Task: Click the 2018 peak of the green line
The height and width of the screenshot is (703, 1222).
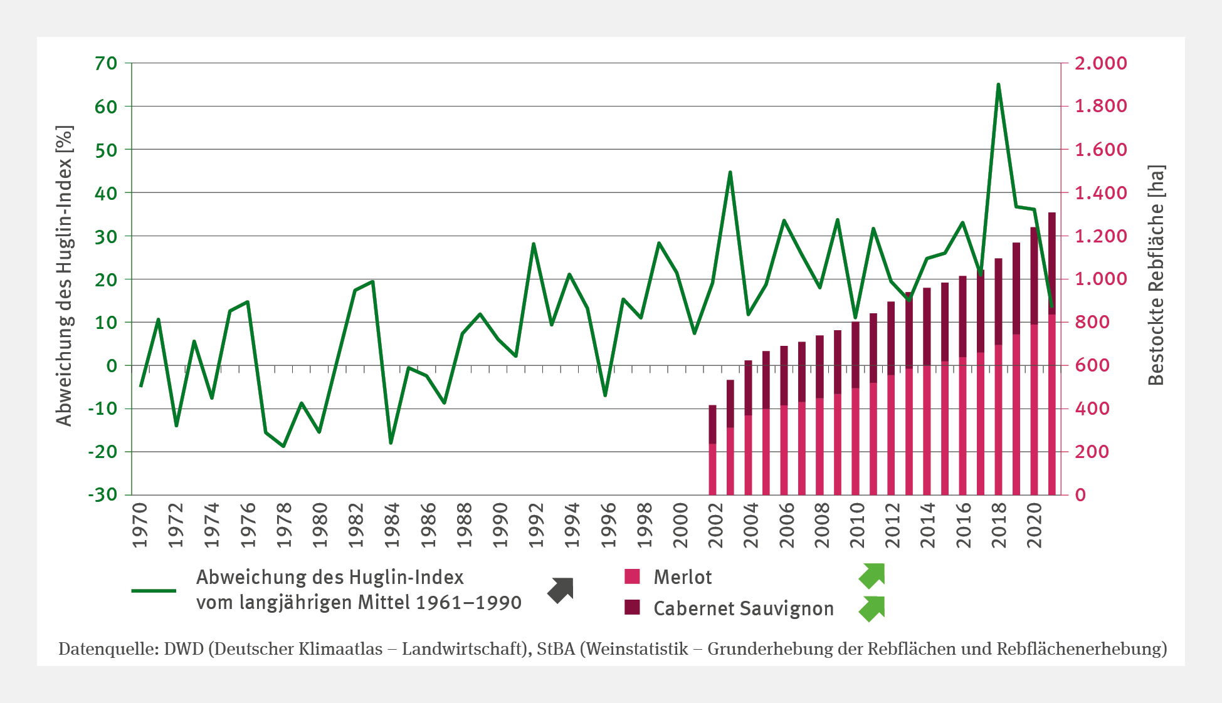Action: pyautogui.click(x=998, y=85)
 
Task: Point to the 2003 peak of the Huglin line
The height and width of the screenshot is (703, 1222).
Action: pyautogui.click(x=730, y=172)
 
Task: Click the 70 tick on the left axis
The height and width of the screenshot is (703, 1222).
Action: pyautogui.click(x=106, y=63)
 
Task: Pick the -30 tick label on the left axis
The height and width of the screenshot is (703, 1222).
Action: pyautogui.click(x=103, y=494)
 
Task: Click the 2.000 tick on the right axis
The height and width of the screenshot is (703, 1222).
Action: pyautogui.click(x=1100, y=63)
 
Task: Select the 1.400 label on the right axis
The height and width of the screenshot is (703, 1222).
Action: pyautogui.click(x=1100, y=193)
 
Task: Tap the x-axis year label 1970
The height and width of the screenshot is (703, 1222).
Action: pyautogui.click(x=140, y=525)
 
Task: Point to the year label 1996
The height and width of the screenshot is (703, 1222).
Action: pyautogui.click(x=608, y=525)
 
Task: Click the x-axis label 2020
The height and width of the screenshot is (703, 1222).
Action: pyautogui.click(x=1035, y=525)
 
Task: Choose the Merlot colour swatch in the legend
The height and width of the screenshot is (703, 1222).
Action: pyautogui.click(x=632, y=576)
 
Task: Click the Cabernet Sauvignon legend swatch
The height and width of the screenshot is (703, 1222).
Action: pyautogui.click(x=632, y=607)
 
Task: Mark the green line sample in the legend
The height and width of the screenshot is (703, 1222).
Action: pyautogui.click(x=154, y=590)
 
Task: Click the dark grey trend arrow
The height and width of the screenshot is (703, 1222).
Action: pyautogui.click(x=561, y=590)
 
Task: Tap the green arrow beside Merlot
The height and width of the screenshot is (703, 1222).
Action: pyautogui.click(x=872, y=576)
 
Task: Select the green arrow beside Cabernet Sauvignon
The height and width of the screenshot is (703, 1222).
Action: pyautogui.click(x=872, y=608)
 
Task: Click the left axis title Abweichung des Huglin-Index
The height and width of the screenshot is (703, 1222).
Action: pyautogui.click(x=65, y=276)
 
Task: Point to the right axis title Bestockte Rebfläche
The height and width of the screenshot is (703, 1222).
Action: pyautogui.click(x=1156, y=276)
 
